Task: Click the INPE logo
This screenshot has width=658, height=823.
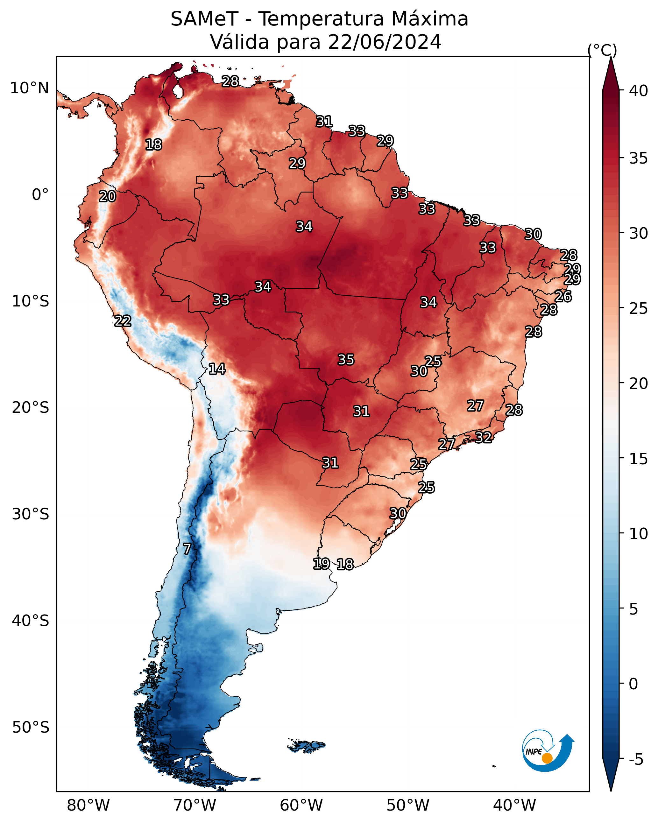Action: click(x=548, y=752)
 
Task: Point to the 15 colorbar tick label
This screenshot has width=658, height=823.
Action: click(x=639, y=459)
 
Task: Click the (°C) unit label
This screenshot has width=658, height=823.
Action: click(x=602, y=50)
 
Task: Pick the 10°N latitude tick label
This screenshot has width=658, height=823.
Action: click(x=29, y=88)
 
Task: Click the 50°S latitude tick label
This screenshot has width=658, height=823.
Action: click(x=31, y=728)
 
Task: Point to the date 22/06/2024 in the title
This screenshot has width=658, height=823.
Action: click(x=385, y=42)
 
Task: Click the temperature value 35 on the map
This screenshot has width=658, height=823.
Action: click(x=346, y=360)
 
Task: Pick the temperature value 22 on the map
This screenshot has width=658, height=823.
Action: click(x=123, y=321)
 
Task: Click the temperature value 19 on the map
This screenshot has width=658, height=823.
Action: click(x=321, y=563)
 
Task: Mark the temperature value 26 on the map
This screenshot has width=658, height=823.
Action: click(x=563, y=297)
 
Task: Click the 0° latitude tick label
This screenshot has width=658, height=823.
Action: click(x=40, y=195)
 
